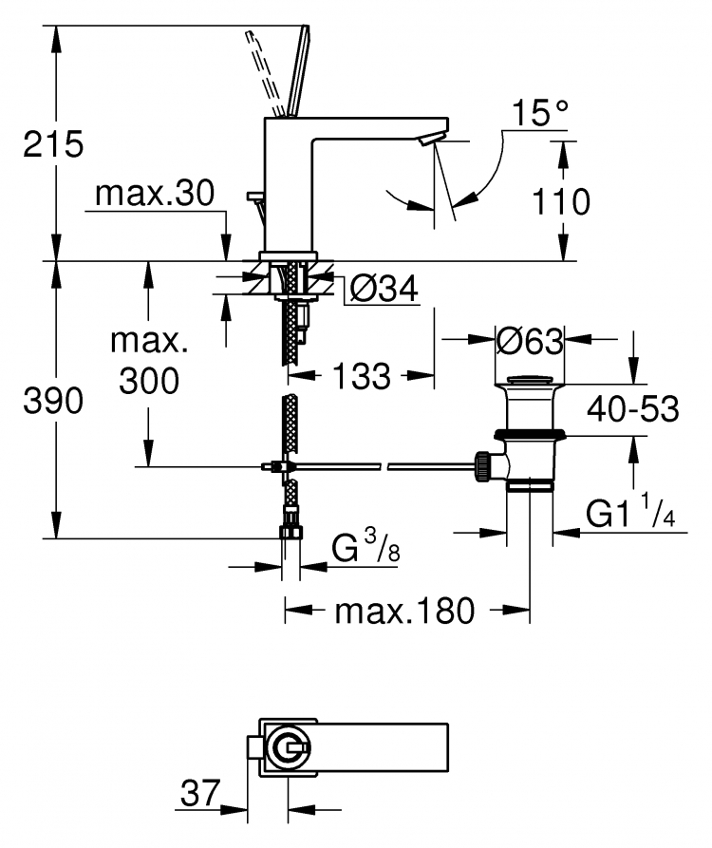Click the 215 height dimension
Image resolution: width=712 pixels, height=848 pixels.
pos(53,144)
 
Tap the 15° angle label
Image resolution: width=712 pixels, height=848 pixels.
pos(539,112)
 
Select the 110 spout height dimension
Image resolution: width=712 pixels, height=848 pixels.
pos(561,201)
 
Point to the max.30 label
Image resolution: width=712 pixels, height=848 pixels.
pos(155,193)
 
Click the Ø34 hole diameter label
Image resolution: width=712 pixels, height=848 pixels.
pos(384,288)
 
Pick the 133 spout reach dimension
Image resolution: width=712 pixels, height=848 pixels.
pos(361,376)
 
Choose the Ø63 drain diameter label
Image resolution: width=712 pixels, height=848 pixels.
pos(530,341)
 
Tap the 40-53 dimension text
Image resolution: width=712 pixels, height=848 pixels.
pos(633,409)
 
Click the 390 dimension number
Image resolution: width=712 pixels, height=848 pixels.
pos(53,401)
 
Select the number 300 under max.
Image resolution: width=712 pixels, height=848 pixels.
pos(149,380)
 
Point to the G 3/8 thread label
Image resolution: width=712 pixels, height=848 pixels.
pos(365,546)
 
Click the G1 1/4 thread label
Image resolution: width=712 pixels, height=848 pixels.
pos(630,511)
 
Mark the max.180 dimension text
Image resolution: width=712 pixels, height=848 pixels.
pos(404,611)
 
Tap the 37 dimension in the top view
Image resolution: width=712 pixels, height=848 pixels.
pos(200,793)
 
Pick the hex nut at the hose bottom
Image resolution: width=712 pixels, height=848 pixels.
pos(290,532)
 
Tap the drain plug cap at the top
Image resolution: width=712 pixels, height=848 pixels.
pos(530,380)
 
